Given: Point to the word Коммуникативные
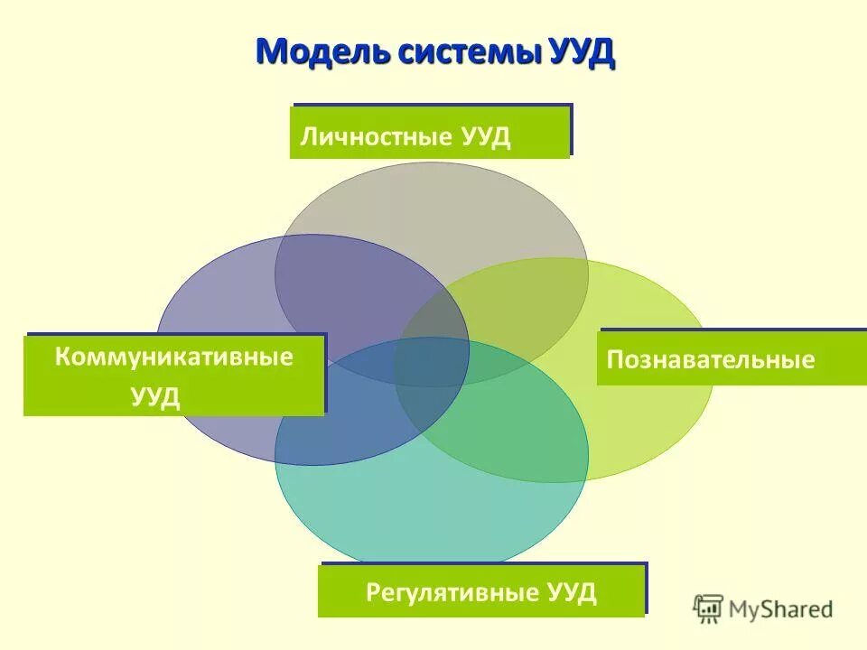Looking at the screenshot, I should click(x=174, y=357).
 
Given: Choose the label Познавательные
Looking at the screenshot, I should click(x=711, y=360).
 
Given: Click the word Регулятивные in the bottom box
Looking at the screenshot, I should click(x=454, y=593).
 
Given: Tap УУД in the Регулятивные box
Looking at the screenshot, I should click(x=572, y=593).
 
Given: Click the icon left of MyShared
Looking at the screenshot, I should click(x=708, y=609).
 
